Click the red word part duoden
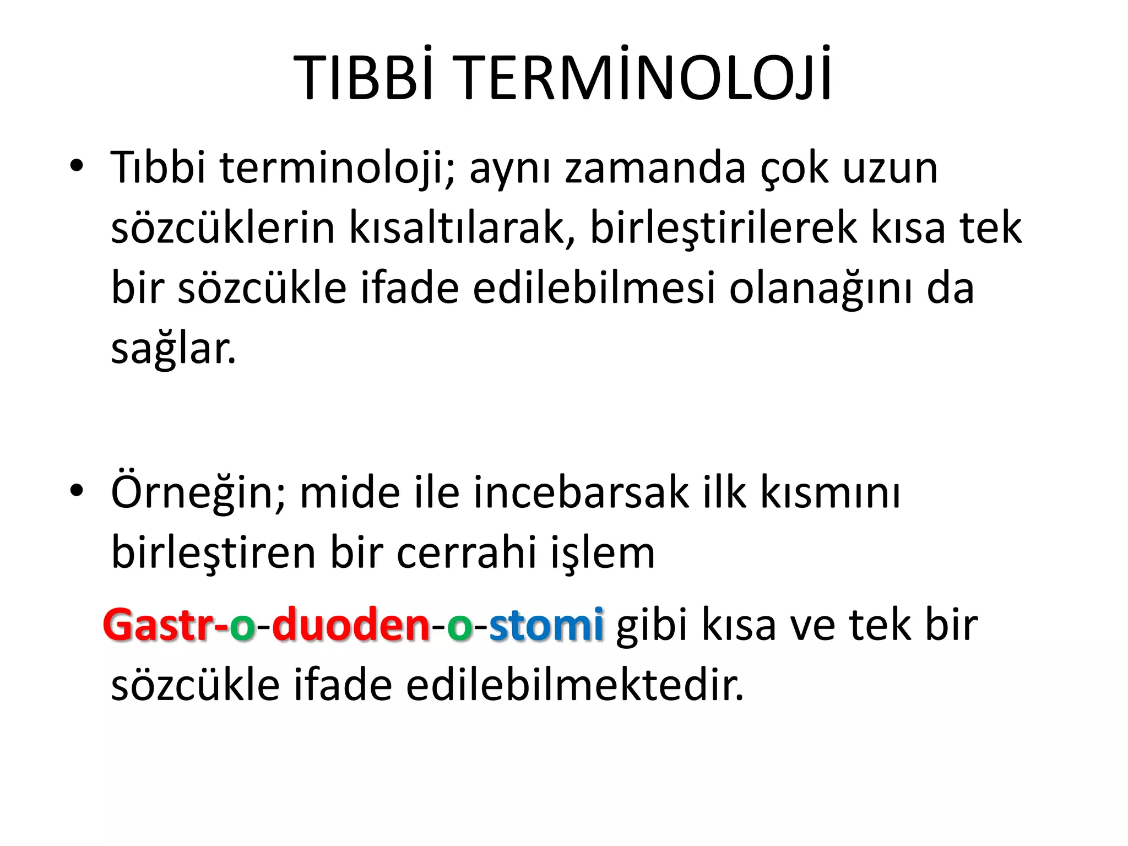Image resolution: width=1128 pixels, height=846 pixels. (351, 625)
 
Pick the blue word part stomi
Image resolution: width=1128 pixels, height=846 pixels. (546, 625)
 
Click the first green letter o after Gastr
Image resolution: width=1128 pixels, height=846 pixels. (242, 628)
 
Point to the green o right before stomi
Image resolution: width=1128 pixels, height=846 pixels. (459, 628)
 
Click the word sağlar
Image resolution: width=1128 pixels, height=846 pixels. (173, 350)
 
